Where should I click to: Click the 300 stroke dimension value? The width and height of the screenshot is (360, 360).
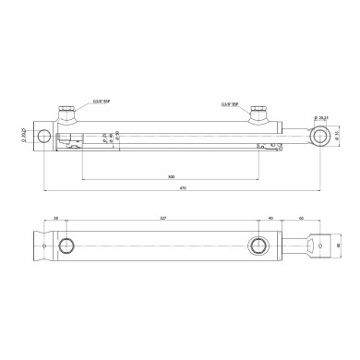coord(172,175)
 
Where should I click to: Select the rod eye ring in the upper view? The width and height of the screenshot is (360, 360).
coord(319,137)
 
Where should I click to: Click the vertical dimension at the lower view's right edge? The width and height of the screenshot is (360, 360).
coord(340,246)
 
